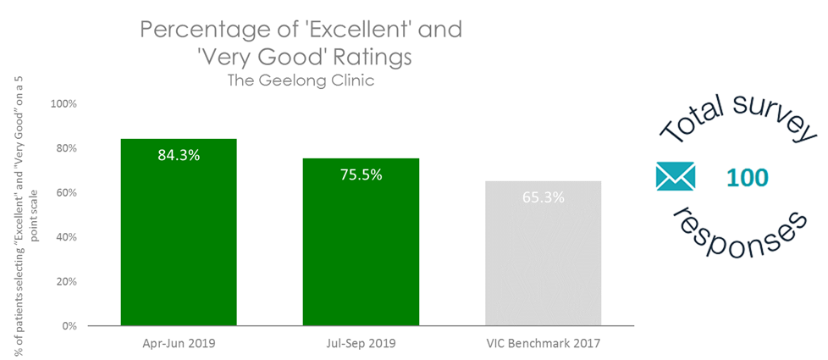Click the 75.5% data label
click(x=361, y=174)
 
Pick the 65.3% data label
click(x=543, y=197)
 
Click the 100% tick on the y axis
click(x=64, y=104)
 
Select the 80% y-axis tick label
click(x=66, y=148)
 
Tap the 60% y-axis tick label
click(x=66, y=192)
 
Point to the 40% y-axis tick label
click(x=66, y=237)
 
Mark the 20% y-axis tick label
click(x=66, y=281)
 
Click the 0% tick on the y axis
click(x=69, y=325)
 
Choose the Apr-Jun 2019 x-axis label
click(x=179, y=344)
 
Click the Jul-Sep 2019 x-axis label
click(x=361, y=344)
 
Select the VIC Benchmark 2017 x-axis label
click(x=543, y=344)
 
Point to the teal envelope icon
click(x=675, y=177)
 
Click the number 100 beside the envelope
click(x=747, y=178)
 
